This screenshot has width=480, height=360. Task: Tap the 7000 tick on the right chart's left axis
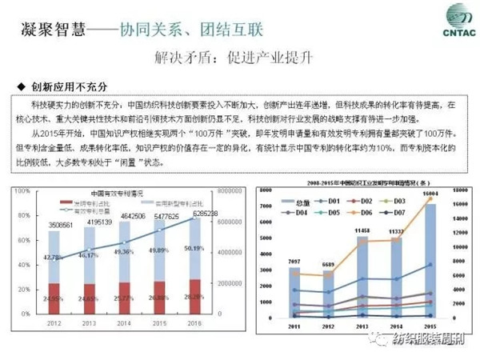pos(274,206)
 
